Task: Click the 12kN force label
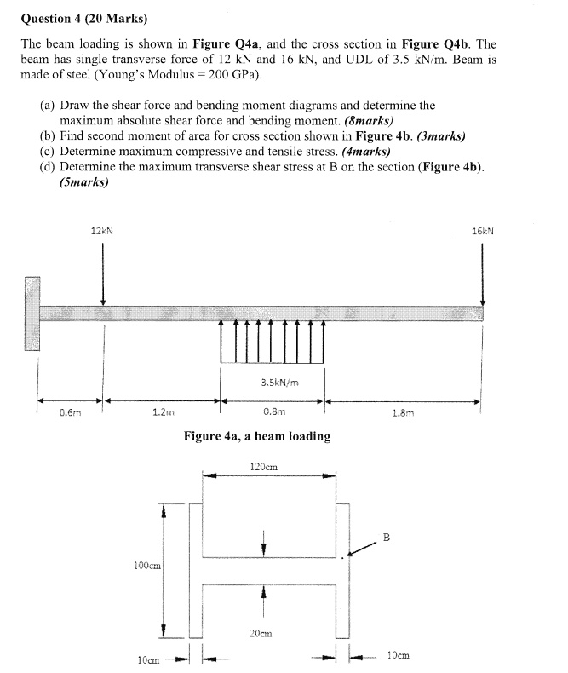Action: pos(102,230)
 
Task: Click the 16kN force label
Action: pos(483,230)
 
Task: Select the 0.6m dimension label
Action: pos(70,413)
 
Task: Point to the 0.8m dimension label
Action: pos(274,413)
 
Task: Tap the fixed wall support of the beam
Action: pos(32,313)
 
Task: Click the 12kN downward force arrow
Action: pos(103,273)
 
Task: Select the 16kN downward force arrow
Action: pos(483,273)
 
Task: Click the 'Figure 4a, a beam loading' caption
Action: pos(257,436)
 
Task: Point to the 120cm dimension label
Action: pos(264,467)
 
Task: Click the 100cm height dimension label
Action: pos(147,565)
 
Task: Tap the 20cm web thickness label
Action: pos(261,633)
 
